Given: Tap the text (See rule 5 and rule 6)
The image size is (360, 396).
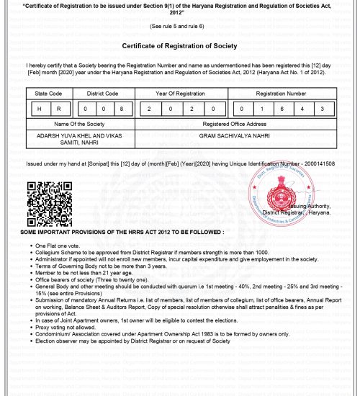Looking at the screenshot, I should (179, 25).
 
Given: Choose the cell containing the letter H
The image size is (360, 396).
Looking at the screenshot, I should (40, 109).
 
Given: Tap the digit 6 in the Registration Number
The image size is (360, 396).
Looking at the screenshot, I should (282, 109).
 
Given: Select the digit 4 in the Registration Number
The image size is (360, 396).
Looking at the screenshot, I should (302, 109).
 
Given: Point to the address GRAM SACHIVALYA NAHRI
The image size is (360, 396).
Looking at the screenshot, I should (235, 135).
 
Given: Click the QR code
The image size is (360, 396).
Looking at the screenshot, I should (45, 204).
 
